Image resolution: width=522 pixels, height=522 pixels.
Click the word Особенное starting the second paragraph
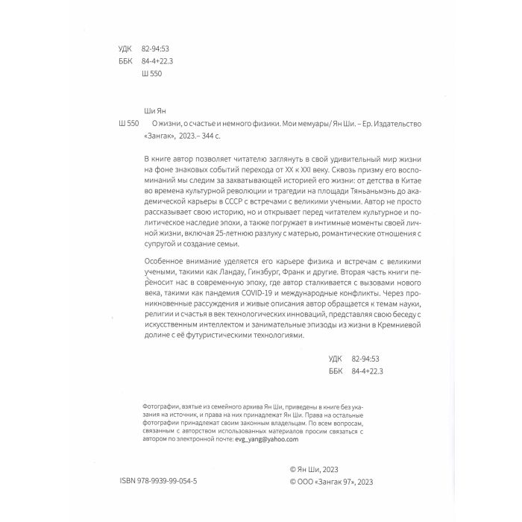(166, 262)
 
